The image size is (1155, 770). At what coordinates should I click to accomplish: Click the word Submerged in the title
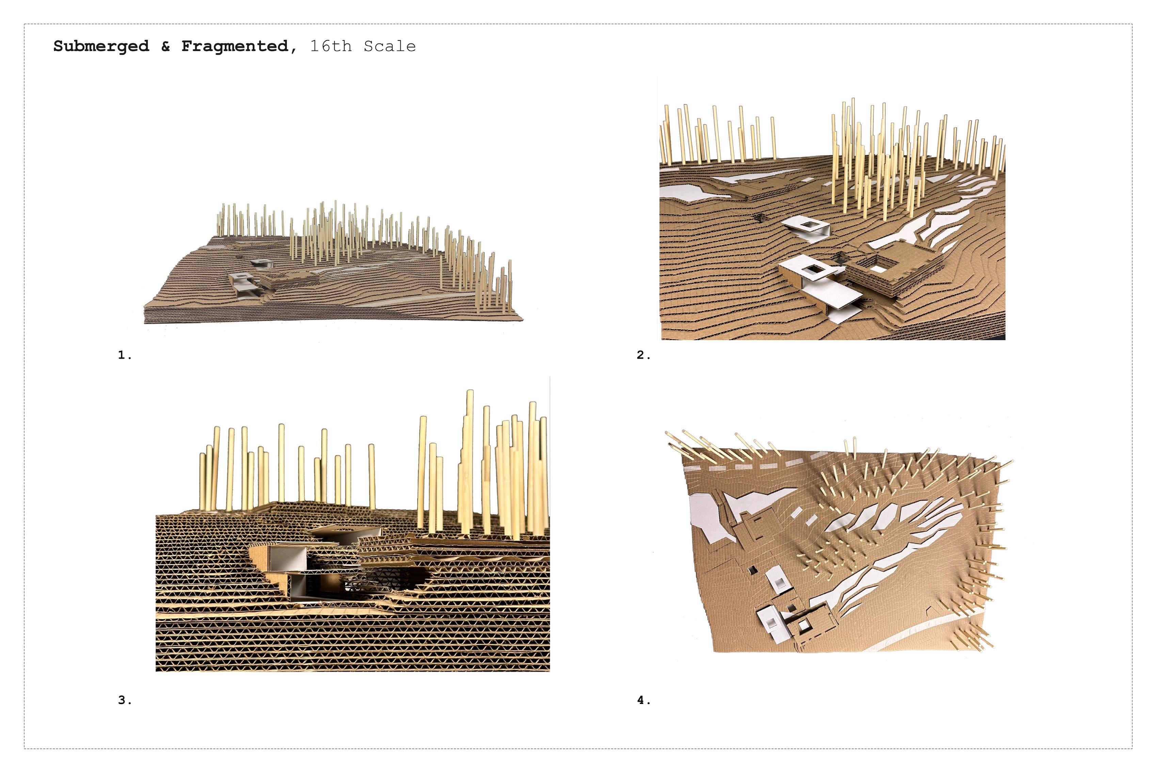(101, 46)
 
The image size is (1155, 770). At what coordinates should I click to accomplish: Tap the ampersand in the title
(165, 46)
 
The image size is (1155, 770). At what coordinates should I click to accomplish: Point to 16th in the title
(331, 46)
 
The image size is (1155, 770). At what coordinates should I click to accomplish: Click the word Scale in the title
(389, 46)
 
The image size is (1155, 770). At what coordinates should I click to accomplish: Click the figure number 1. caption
(125, 355)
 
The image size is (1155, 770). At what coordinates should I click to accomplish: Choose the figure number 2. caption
(644, 355)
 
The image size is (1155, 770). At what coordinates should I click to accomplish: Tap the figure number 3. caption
(125, 700)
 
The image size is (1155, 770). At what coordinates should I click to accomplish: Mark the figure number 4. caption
(644, 700)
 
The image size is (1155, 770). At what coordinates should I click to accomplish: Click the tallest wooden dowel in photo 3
(469, 462)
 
